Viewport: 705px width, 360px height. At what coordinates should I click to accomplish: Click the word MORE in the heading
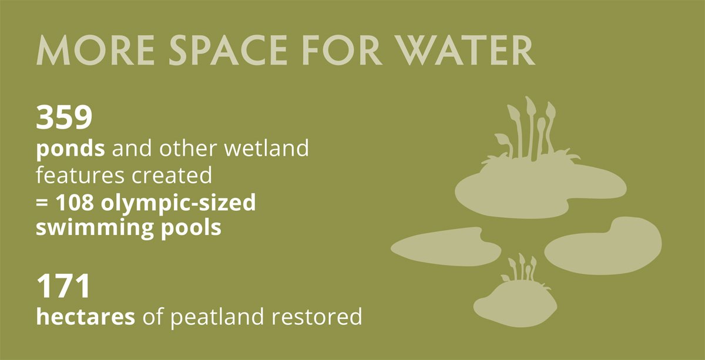point(95,50)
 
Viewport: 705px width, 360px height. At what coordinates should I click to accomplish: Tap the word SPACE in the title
point(228,50)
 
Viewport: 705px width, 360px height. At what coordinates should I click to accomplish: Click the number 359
point(64,117)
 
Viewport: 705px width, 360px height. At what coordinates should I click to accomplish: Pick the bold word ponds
point(70,149)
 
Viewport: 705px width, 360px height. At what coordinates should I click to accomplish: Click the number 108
point(75,203)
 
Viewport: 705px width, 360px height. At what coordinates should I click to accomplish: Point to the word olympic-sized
point(178,204)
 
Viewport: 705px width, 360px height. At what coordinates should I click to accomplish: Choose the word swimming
point(95,228)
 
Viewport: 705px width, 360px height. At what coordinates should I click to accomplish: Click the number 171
point(63,286)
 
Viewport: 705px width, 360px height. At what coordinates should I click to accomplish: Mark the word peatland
point(217,318)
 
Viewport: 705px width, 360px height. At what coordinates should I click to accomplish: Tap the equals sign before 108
point(42,203)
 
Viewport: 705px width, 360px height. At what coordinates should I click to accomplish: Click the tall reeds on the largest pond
point(532,129)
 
